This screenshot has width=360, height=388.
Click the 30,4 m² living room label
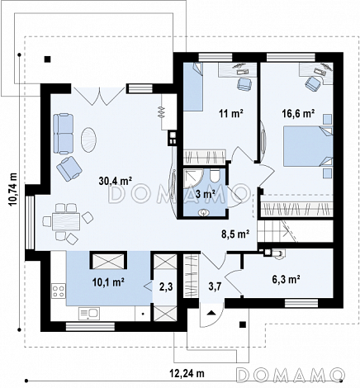(x=116, y=181)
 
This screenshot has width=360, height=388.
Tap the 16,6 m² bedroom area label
(x=298, y=113)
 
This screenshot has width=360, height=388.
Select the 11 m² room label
(x=231, y=113)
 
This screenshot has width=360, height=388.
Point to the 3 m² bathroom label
(x=205, y=194)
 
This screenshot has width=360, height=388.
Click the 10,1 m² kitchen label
(x=108, y=282)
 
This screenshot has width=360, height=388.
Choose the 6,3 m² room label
(x=286, y=279)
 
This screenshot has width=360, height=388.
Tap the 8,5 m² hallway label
(x=235, y=234)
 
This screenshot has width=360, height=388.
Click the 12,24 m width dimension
(x=187, y=373)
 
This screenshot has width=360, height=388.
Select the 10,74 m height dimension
(x=12, y=189)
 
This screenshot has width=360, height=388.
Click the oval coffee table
(x=88, y=140)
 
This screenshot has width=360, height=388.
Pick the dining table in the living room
(x=66, y=221)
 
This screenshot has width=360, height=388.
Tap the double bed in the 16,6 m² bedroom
(x=308, y=146)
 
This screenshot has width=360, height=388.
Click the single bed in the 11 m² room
(x=193, y=87)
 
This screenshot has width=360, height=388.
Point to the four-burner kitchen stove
(x=59, y=291)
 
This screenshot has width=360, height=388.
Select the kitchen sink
(x=89, y=314)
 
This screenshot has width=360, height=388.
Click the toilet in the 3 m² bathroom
(x=215, y=175)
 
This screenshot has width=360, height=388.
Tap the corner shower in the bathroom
(x=193, y=178)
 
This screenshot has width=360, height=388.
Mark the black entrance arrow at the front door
(x=211, y=312)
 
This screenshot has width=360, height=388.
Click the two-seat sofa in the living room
(x=64, y=134)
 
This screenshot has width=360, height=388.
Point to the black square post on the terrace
(x=48, y=59)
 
